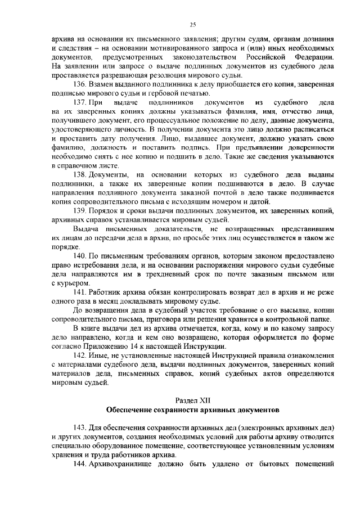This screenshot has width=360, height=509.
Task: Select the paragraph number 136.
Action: pyautogui.click(x=80, y=84)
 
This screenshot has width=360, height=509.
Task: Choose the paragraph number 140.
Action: pyautogui.click(x=80, y=256)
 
